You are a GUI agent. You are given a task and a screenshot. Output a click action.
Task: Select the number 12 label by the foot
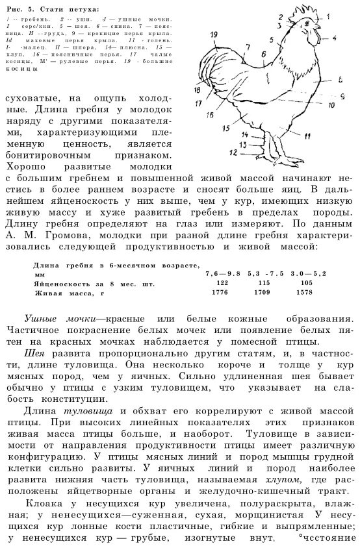233,152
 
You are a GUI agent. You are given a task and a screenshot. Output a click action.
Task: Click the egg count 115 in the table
264,284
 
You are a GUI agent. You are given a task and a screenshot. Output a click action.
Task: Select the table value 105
305,284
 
